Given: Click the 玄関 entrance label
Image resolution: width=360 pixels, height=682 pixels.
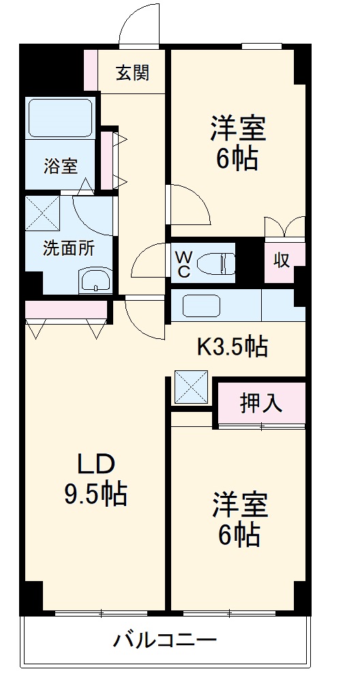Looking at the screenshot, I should tap(132, 73).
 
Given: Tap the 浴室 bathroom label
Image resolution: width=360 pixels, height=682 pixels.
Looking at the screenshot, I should tap(61, 165).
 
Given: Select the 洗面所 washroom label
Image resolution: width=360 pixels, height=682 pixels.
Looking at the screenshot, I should tap(69, 248).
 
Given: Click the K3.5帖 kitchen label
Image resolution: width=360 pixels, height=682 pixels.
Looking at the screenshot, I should tap(232, 347).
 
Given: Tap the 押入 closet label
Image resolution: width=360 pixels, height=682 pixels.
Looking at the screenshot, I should tap(260, 403).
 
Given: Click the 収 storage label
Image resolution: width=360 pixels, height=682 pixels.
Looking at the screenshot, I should tap(283, 260).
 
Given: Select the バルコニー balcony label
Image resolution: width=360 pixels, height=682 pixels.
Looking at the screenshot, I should tap(164, 641).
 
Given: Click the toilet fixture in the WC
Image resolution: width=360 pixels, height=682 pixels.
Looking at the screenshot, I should tap(219, 263).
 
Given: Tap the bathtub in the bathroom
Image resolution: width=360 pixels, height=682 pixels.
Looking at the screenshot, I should tap(59, 118).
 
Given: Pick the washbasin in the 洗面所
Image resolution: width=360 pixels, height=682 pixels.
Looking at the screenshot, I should tap(95, 280).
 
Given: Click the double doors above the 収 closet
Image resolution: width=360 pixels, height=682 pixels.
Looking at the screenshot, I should tap(284, 227).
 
